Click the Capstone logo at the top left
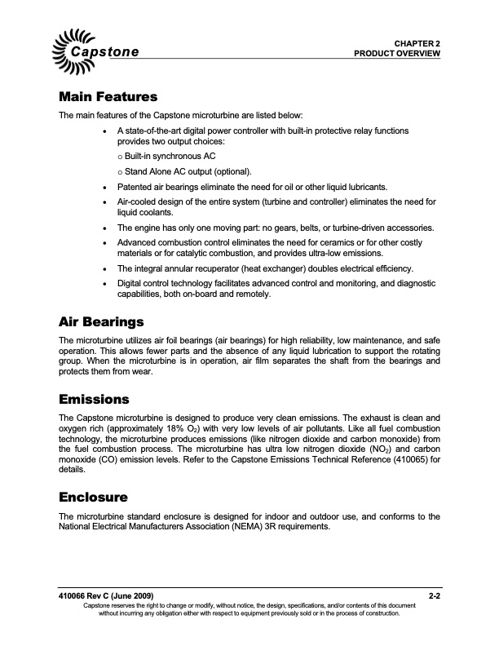[97, 46]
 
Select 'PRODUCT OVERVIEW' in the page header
[397, 53]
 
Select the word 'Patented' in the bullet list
[136, 187]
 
